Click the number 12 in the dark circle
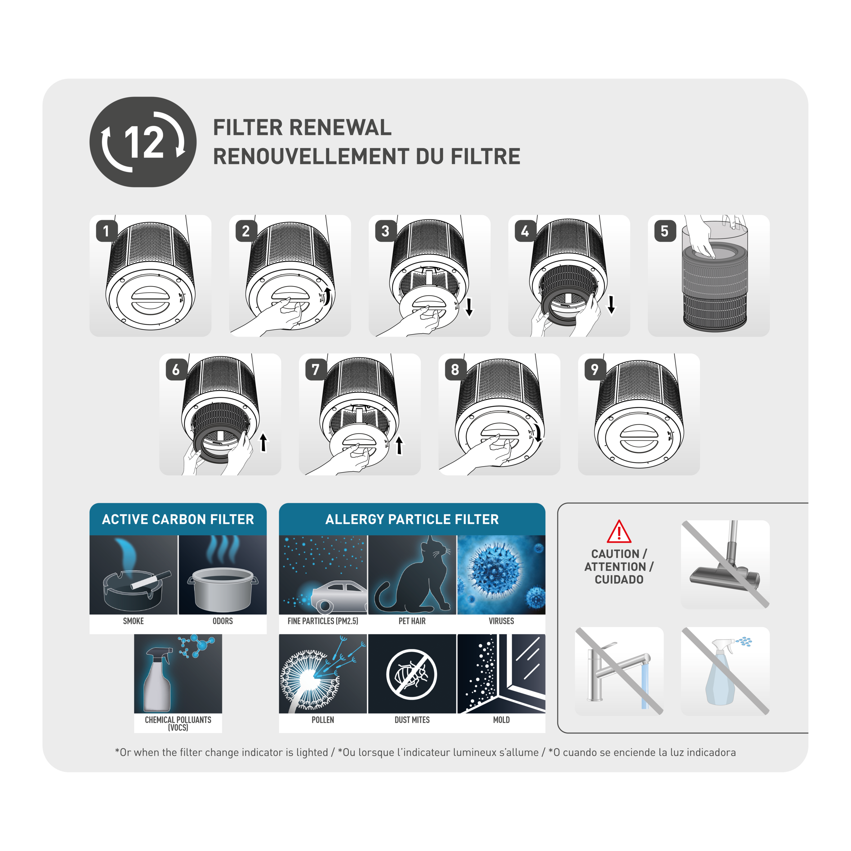point(144,142)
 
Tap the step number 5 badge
point(665,231)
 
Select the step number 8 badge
point(455,370)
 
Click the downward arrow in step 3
point(469,307)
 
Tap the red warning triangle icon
point(619,532)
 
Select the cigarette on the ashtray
point(151,580)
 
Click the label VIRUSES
point(501,621)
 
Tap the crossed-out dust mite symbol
point(412,674)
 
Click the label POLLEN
point(323,720)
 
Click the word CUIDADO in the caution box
point(619,580)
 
